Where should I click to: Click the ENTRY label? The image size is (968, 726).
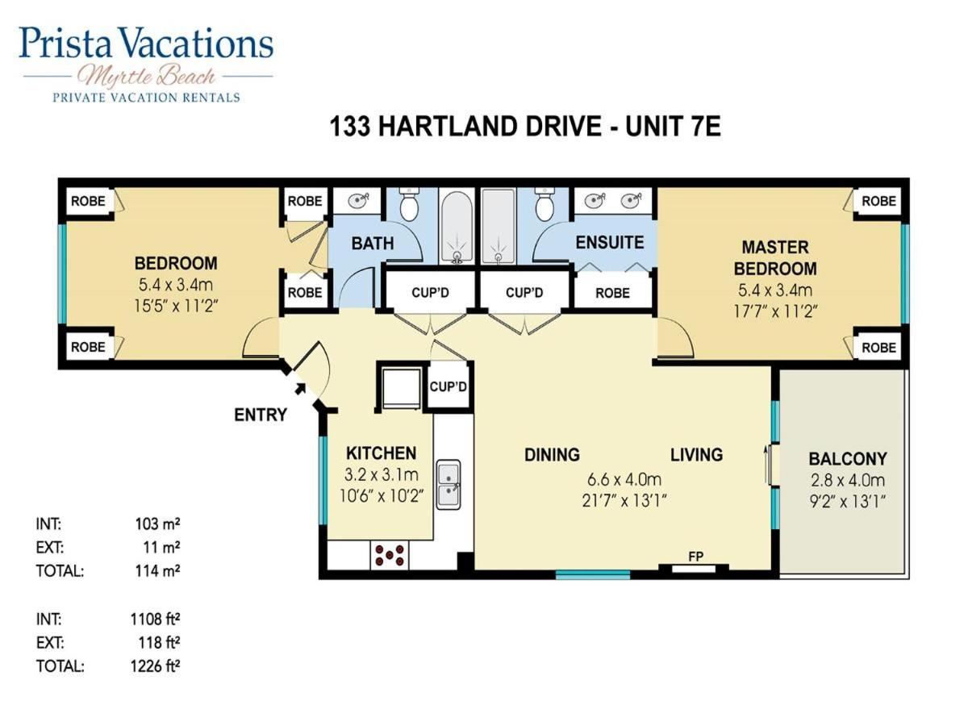point(261,415)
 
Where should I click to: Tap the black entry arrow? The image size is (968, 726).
point(300,389)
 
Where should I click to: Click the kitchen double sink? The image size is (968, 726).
point(449,485)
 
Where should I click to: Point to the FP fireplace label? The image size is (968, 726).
point(695,557)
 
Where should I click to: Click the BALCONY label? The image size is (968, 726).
point(848,459)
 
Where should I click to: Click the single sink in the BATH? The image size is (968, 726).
point(357,201)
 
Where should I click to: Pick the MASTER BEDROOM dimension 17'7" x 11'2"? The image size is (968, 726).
point(775,311)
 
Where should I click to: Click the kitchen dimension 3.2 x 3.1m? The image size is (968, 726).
point(381,475)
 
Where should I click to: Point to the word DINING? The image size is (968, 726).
point(552,454)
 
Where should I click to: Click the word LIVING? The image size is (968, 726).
point(696,454)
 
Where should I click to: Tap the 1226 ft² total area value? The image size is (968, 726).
point(155,665)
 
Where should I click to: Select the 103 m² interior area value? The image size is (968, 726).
point(157,524)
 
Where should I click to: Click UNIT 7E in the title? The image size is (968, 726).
point(673,127)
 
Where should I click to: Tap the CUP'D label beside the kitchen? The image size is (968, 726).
point(448,386)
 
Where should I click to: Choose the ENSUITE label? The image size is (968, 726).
point(610,243)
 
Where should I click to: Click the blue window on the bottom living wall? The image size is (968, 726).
point(593,574)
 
